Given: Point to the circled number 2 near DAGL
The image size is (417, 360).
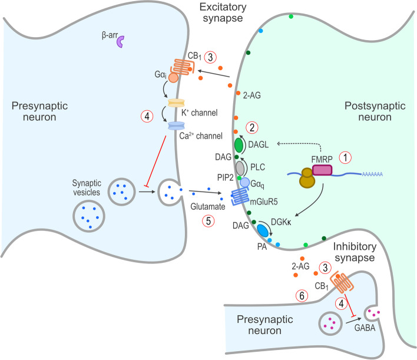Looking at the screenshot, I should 252,127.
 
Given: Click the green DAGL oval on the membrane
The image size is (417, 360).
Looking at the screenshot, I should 240,144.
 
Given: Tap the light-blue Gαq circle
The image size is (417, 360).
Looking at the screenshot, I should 244,183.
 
